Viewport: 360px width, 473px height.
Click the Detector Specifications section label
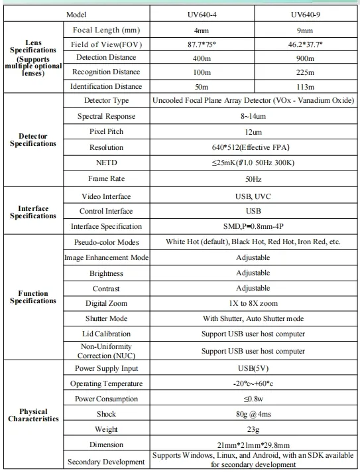33,140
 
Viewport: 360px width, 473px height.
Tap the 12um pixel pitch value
253,131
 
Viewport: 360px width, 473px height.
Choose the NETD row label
106,163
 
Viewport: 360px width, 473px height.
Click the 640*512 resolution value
253,147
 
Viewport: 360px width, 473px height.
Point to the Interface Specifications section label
33,212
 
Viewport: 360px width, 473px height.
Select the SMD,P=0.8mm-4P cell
253,226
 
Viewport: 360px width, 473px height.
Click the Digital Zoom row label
106,303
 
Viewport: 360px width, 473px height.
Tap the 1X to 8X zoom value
253,303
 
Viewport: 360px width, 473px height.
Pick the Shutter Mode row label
106,318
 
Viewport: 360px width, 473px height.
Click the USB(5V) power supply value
253,369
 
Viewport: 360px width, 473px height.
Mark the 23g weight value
253,429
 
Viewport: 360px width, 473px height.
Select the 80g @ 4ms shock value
253,414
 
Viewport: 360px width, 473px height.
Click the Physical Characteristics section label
33,415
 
